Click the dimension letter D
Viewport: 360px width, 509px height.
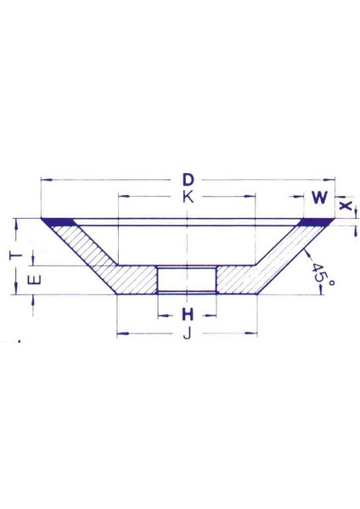188,181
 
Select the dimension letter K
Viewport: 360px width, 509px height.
187,197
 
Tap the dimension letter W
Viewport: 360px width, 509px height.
319,199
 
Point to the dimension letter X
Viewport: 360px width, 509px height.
345,205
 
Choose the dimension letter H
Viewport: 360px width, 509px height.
187,314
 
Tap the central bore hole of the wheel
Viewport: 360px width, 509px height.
187,279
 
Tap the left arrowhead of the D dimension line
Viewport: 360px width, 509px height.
44,180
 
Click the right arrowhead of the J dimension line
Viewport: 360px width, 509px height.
253,333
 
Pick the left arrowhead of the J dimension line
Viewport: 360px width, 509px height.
121,333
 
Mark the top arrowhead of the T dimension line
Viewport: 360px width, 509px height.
16,221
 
